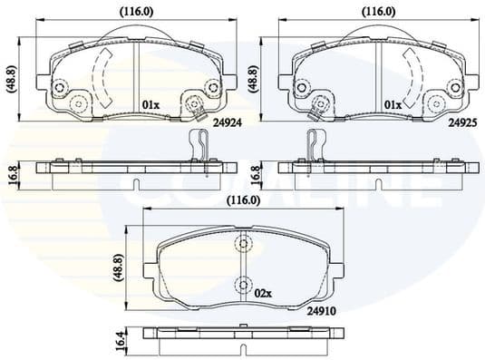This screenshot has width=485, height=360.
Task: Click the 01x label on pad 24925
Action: tap(393, 103)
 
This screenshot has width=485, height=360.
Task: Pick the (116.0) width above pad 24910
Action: tap(243, 199)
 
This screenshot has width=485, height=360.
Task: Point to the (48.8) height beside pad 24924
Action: tap(11, 80)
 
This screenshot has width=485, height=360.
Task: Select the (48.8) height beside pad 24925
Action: tap(252, 80)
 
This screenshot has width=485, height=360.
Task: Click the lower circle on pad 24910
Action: tap(243, 286)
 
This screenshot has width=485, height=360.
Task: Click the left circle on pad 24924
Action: tap(62, 87)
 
